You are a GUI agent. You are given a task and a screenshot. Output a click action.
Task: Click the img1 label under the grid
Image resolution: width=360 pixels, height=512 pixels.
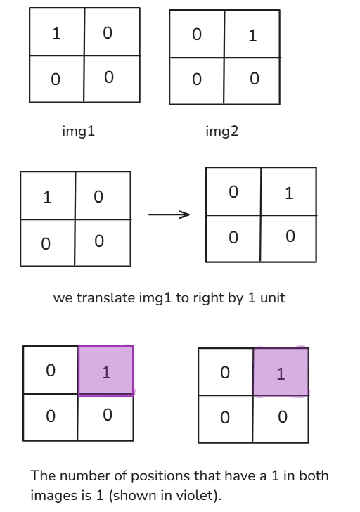coord(78,132)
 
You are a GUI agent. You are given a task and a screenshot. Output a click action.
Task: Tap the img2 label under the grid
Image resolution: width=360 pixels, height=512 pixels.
coord(222,132)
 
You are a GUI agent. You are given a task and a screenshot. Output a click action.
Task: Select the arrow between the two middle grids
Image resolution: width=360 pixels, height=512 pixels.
coord(169,215)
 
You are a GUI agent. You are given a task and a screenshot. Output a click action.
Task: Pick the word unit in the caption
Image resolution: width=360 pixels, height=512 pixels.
coord(273,297)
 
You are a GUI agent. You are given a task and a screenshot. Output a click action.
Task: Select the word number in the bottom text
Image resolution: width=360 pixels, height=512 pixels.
coord(85,475)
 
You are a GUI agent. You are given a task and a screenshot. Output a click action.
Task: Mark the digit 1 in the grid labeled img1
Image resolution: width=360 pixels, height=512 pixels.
coord(56,34)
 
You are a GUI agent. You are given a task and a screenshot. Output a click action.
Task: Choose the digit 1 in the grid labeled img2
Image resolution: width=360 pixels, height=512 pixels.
coord(252,36)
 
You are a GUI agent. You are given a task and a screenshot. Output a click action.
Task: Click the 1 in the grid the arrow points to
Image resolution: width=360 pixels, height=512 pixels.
coord(289,193)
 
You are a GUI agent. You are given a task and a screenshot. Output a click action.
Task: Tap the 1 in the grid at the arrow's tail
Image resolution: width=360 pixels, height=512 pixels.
coord(47,198)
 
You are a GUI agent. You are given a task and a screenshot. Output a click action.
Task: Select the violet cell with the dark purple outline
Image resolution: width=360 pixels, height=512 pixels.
coord(106,371)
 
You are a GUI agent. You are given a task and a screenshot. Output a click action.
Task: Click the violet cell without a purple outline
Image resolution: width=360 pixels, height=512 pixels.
coord(281,372)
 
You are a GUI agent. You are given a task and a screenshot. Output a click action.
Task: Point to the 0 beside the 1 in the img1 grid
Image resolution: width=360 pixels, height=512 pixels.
coord(108,33)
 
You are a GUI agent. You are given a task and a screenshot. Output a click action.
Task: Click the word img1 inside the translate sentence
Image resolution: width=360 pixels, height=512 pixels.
coord(155,298)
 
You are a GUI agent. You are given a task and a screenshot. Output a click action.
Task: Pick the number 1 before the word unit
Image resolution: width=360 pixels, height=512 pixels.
coord(252,297)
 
